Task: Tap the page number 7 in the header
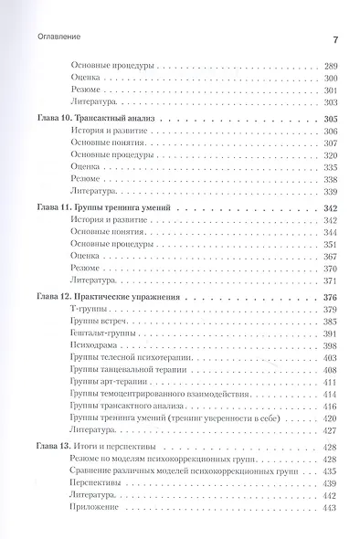click(335, 40)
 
